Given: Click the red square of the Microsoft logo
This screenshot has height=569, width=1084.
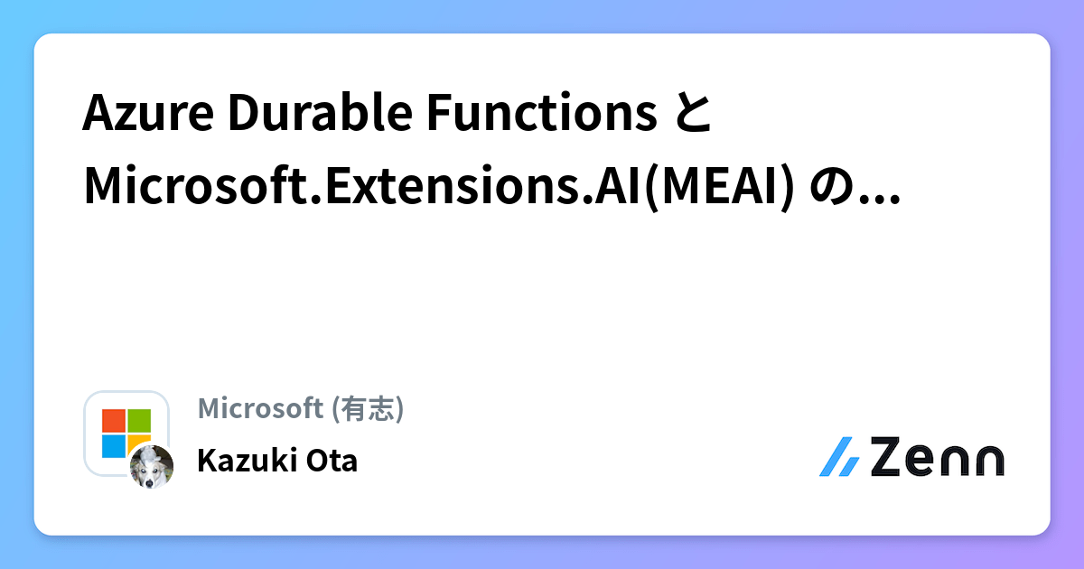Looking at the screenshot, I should tap(113, 421).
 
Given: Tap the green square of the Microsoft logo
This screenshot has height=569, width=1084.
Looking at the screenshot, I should tap(139, 421).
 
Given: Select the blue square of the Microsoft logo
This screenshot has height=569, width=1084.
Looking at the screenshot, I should tap(113, 446).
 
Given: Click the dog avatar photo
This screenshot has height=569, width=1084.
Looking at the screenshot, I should tap(151, 467).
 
